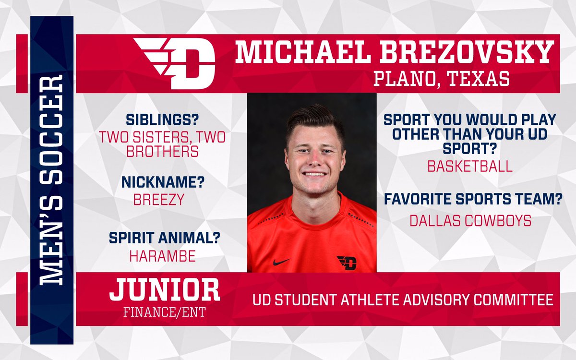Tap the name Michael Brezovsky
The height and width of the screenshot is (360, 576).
tap(394, 53)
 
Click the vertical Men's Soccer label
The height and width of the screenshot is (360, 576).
tap(51, 180)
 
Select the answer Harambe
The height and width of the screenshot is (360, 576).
tap(162, 256)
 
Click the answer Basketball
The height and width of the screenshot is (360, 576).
tap(470, 166)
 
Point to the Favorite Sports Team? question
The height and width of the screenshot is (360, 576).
tap(473, 199)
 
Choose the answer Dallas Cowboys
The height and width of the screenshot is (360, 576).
tap(470, 220)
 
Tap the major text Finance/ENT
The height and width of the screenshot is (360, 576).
tap(164, 312)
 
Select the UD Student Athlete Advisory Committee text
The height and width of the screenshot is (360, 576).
tap(403, 300)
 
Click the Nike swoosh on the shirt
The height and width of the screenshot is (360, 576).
tap(281, 262)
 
